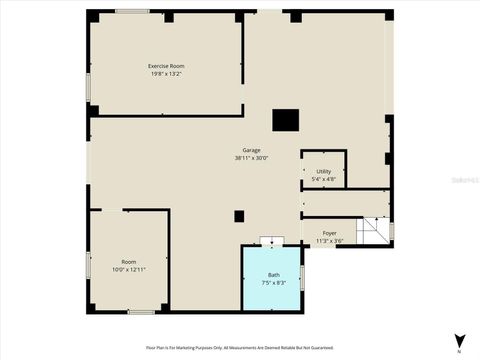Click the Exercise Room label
167,66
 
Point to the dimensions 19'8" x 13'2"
167,74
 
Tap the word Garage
251,150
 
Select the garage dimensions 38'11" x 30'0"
251,158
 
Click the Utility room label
324,171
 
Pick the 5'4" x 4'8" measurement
324,179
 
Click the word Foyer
329,233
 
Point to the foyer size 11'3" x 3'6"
329,241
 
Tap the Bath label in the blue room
273,275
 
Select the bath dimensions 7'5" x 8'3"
273,283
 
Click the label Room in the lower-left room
129,262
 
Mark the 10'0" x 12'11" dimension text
129,270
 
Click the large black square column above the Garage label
286,120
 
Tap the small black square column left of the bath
239,216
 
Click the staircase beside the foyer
373,231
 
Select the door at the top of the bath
272,240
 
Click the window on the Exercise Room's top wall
132,11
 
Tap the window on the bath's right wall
302,275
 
